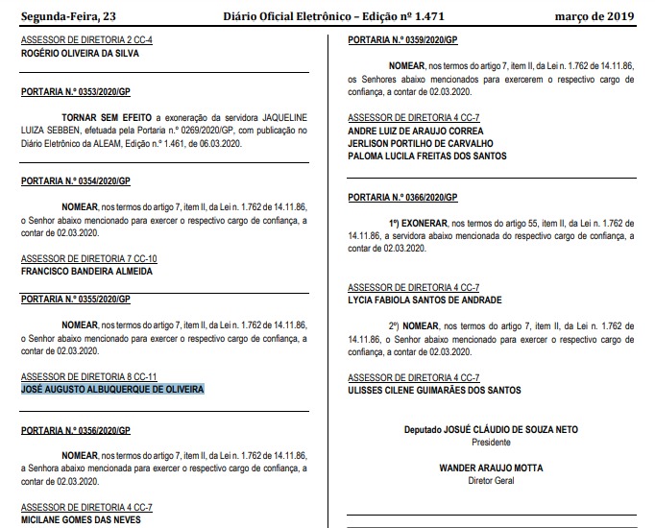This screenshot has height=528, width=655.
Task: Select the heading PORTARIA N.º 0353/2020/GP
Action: (75, 91)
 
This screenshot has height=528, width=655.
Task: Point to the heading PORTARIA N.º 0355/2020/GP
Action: (75, 299)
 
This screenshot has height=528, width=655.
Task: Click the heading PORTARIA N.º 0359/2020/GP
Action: (403, 41)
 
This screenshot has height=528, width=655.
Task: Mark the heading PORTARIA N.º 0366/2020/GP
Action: (403, 197)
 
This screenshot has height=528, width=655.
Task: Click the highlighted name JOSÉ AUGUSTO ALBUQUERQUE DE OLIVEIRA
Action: (112, 389)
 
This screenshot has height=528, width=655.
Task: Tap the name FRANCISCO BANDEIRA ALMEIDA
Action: (86, 271)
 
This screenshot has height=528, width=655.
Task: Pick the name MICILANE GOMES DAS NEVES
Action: (81, 520)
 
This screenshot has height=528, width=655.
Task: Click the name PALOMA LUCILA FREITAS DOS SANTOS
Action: (426, 156)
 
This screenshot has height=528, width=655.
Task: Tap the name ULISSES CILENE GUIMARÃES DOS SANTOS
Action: (434, 390)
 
